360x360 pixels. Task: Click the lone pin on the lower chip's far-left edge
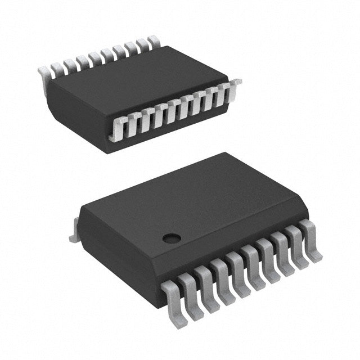coord(74,236)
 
